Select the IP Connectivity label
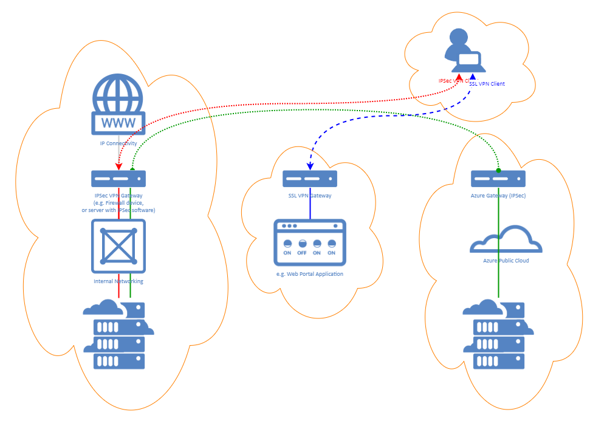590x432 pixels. [118, 144]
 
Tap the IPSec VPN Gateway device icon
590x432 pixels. [118, 179]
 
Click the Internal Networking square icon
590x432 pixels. [118, 245]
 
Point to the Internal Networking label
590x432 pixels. [118, 281]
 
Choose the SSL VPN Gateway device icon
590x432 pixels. [310, 179]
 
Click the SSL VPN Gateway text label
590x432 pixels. [310, 196]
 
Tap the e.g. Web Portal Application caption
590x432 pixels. [310, 274]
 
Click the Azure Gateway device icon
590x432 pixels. [498, 179]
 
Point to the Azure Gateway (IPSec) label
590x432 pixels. [498, 196]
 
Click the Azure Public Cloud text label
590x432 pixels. [506, 261]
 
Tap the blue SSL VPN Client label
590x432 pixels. [487, 84]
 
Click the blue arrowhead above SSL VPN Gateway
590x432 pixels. [310, 165]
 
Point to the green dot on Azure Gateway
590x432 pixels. [498, 170]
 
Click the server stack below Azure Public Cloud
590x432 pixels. [498, 334]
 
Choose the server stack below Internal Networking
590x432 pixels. [118, 334]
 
